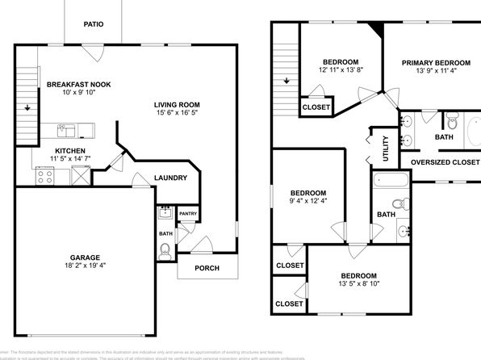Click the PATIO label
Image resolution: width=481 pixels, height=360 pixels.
pyautogui.click(x=94, y=24)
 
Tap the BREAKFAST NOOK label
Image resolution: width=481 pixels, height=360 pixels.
pyautogui.click(x=78, y=84)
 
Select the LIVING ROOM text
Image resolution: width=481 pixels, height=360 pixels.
pyautogui.click(x=177, y=105)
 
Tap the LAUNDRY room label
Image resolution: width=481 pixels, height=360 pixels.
pyautogui.click(x=170, y=178)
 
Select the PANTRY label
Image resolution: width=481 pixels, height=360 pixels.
pyautogui.click(x=188, y=214)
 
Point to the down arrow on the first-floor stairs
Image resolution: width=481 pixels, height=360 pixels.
pyautogui.click(x=28, y=107)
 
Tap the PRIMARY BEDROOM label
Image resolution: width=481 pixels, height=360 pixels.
pyautogui.click(x=436, y=63)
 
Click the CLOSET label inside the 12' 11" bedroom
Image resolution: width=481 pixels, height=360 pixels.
pyautogui.click(x=315, y=107)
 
